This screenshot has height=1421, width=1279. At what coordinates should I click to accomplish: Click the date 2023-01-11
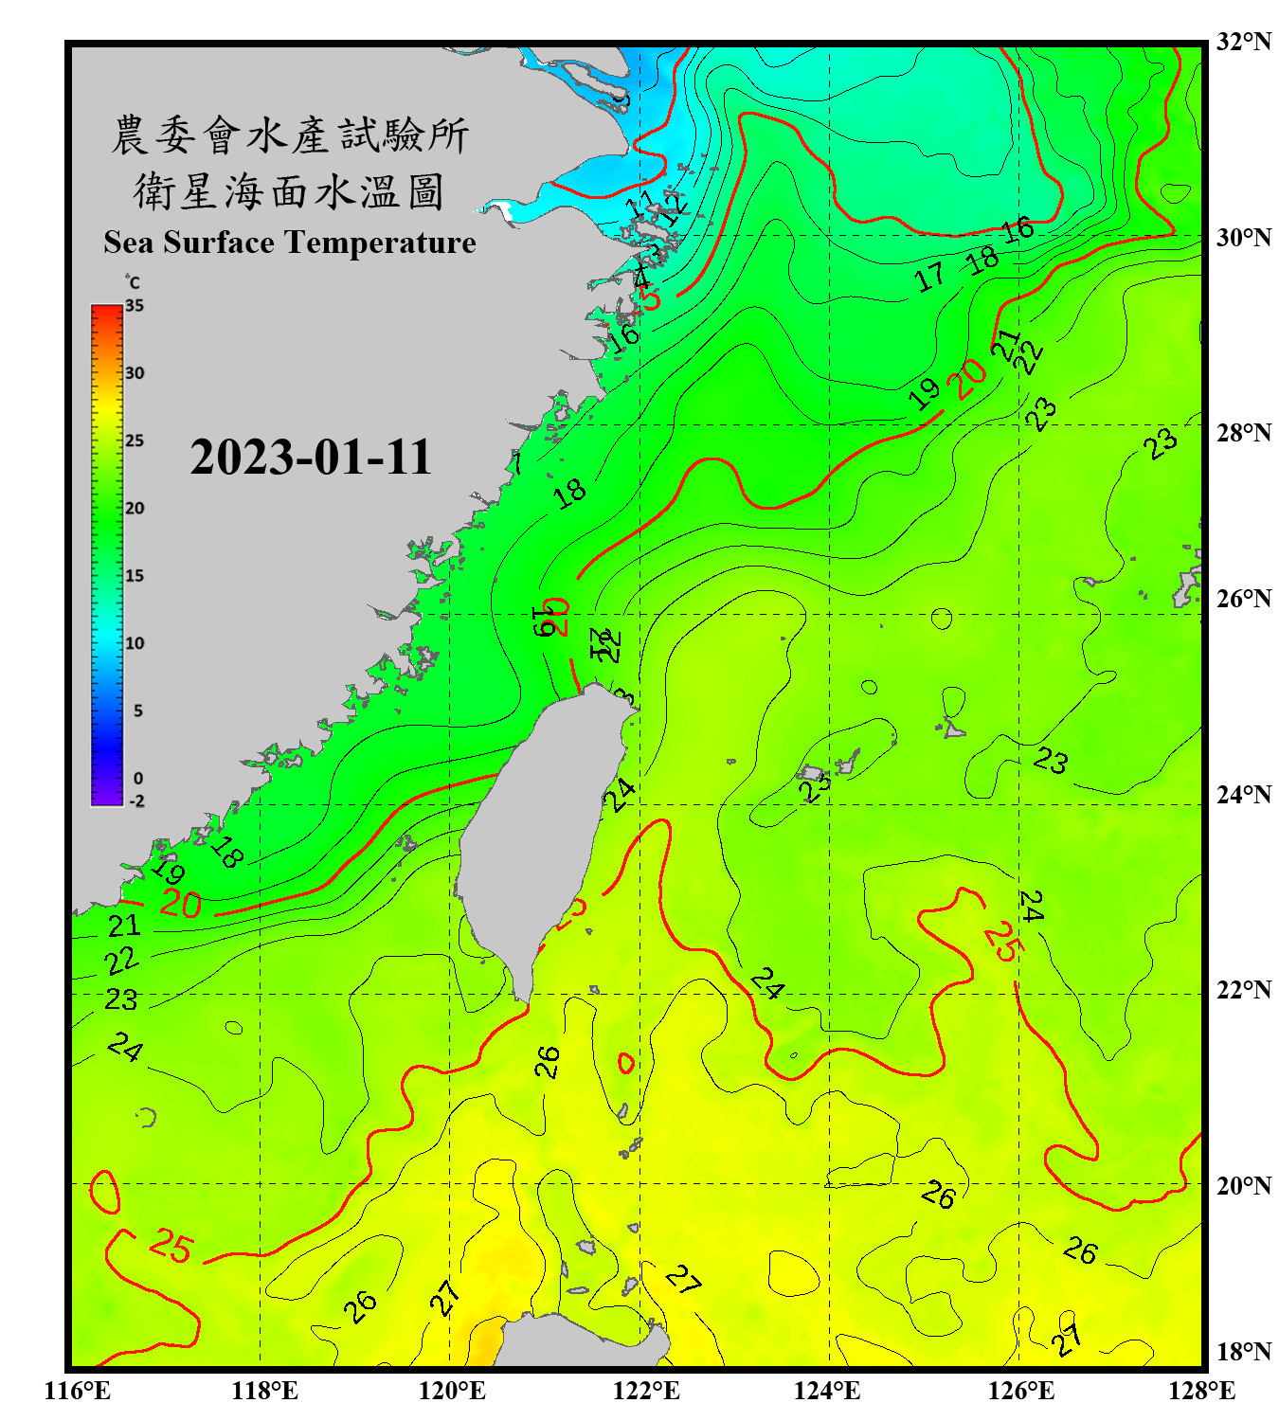pos(311,458)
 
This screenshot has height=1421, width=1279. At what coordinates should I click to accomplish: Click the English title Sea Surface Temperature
pos(290,243)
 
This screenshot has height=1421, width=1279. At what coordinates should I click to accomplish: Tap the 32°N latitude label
pos(1243,42)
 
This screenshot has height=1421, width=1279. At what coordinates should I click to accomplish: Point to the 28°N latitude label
pos(1243,433)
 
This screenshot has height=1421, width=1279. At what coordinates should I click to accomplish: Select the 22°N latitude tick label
pos(1243,990)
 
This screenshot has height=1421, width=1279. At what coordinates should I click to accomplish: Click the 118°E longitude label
pos(264,1391)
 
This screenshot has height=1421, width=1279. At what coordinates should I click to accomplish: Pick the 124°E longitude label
pos(827,1391)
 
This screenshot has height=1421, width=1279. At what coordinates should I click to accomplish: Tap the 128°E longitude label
pos(1201,1391)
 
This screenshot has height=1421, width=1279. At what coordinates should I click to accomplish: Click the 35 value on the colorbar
pos(135,306)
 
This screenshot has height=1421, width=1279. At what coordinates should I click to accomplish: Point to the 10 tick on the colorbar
pos(135,643)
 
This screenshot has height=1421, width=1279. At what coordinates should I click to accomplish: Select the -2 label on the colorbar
pos(136,801)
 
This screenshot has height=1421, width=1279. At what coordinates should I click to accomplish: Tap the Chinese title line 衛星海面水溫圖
pos(288,191)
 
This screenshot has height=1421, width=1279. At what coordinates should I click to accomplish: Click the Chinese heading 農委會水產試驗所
pos(290,135)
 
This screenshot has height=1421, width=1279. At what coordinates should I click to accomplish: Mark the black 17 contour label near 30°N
pos(929,277)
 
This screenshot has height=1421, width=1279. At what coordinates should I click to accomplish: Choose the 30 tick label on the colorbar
pos(135,373)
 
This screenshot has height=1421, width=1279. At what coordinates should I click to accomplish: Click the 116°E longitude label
pos(78,1391)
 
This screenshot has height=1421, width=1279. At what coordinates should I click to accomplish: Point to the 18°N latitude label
pos(1243,1352)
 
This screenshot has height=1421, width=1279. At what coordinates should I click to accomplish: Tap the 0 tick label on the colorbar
pos(138,779)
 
